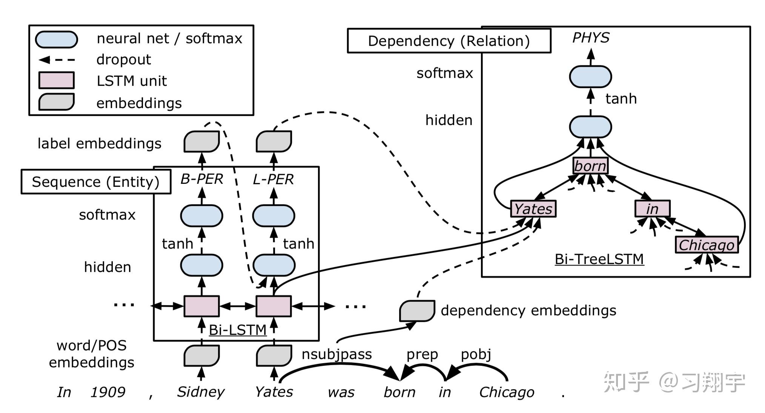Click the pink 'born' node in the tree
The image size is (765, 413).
pyautogui.click(x=590, y=166)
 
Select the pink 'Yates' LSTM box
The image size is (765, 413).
pyautogui.click(x=533, y=209)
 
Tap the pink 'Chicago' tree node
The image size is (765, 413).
pyautogui.click(x=706, y=245)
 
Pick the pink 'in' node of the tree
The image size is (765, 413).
pyautogui.click(x=652, y=209)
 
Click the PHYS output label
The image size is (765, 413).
pyautogui.click(x=591, y=38)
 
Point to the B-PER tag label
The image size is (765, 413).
pyautogui.click(x=202, y=179)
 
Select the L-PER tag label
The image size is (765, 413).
pyautogui.click(x=273, y=179)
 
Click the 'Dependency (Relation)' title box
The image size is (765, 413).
pyautogui.click(x=449, y=41)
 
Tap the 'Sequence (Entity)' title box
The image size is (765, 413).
pyautogui.click(x=96, y=182)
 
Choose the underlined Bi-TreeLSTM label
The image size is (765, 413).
pyautogui.click(x=599, y=259)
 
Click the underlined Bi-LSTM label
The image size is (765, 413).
pyautogui.click(x=238, y=330)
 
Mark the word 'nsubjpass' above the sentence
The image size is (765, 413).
pyautogui.click(x=336, y=354)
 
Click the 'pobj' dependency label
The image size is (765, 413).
pyautogui.click(x=476, y=354)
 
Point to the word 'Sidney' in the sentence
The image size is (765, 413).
pyautogui.click(x=201, y=392)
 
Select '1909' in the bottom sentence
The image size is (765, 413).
pyautogui.click(x=108, y=392)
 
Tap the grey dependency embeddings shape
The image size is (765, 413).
pyautogui.click(x=417, y=311)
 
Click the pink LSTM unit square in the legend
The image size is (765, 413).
pyautogui.click(x=57, y=80)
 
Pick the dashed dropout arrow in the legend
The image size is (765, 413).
pyautogui.click(x=57, y=60)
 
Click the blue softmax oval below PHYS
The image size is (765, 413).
pyautogui.click(x=590, y=76)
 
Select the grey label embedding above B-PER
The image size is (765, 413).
pyautogui.click(x=201, y=141)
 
